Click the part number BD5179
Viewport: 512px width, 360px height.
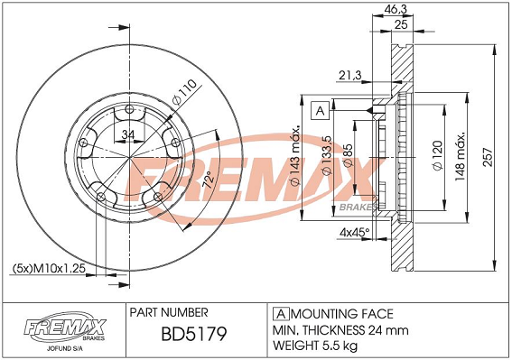[194, 334]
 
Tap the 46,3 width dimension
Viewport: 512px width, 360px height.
[396, 9]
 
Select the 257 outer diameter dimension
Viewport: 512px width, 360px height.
[488, 157]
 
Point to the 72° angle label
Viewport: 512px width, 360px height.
[209, 179]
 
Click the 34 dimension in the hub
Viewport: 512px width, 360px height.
[128, 134]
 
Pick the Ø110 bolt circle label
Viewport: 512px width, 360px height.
[184, 92]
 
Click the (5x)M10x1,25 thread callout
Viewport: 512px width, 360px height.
[49, 268]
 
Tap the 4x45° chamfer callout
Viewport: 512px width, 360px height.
[354, 233]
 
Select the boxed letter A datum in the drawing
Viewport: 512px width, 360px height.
[320, 111]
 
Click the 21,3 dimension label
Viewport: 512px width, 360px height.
[350, 76]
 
